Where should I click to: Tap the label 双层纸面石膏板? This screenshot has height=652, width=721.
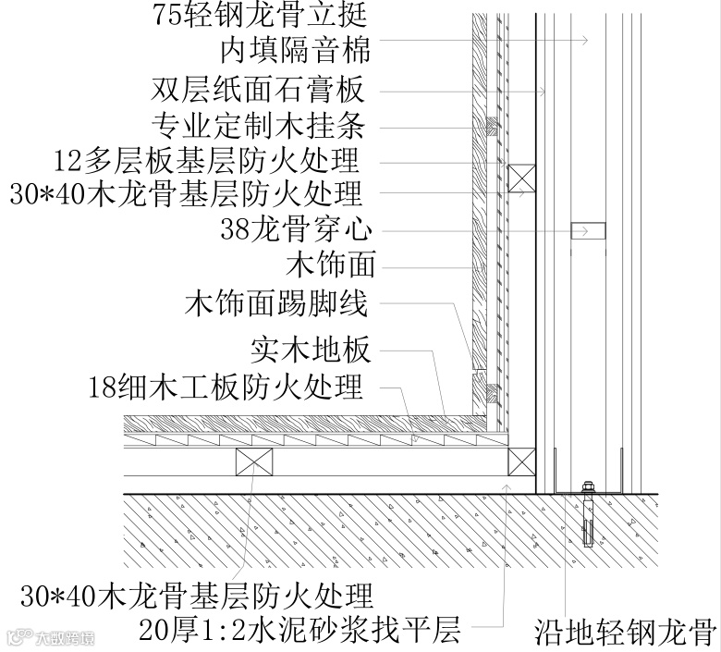click(256, 91)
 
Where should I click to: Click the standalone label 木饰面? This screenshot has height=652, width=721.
click(332, 265)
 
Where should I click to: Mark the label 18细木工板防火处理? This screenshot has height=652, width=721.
click(226, 387)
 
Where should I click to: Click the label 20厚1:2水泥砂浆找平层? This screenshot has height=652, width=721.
click(299, 631)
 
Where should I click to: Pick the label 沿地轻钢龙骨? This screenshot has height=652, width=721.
click(625, 633)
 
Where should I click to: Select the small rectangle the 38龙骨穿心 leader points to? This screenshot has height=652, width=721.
click(588, 229)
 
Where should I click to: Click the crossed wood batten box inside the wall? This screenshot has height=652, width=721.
click(522, 178)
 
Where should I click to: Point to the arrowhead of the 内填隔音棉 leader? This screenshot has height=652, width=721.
click(584, 40)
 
